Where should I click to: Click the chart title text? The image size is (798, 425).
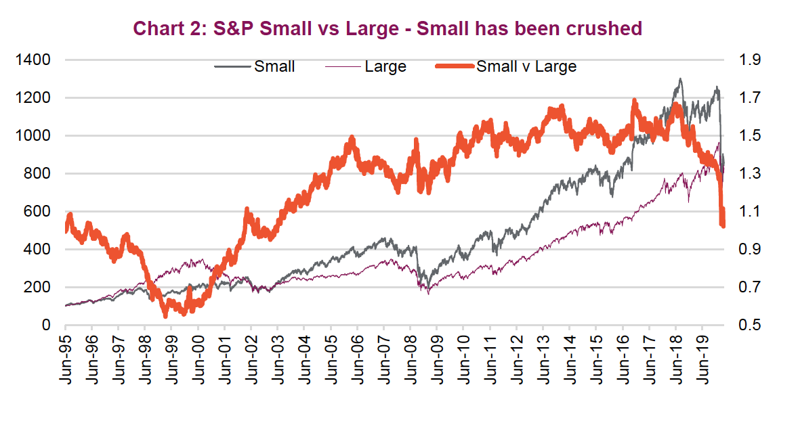click(387, 28)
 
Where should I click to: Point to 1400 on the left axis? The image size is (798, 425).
click(33, 60)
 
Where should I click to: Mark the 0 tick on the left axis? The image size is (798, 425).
click(46, 326)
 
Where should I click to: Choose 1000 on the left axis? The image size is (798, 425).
click(33, 136)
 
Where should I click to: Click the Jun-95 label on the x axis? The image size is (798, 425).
click(66, 359)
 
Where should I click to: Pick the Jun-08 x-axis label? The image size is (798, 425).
click(411, 359)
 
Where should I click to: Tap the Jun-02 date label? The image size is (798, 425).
click(251, 359)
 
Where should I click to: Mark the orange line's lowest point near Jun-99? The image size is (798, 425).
click(165, 315)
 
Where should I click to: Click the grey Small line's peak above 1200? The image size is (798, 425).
click(679, 79)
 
